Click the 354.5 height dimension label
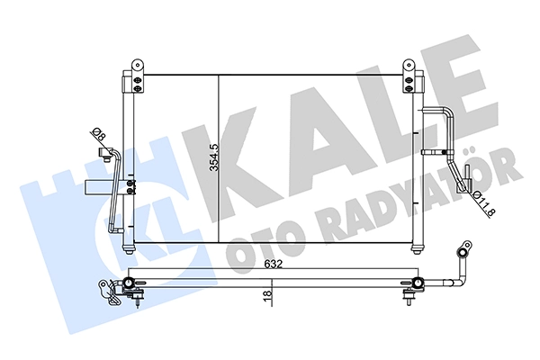coord(214,157)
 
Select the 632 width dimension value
coord(274,265)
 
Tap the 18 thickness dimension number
coord(267,295)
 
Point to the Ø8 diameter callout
coord(98,134)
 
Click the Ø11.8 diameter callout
coord(484,204)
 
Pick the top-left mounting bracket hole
coord(138,65)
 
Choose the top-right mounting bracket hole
coord(409,65)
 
